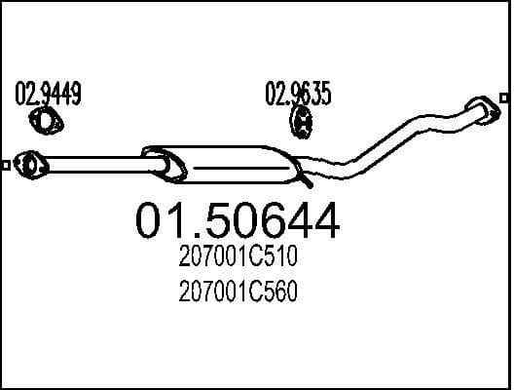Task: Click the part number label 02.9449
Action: (x=47, y=95)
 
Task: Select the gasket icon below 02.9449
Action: (x=45, y=122)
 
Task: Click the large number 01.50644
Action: (x=238, y=221)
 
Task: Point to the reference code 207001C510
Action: (x=239, y=260)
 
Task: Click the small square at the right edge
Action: (x=503, y=97)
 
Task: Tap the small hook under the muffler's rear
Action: (x=308, y=181)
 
